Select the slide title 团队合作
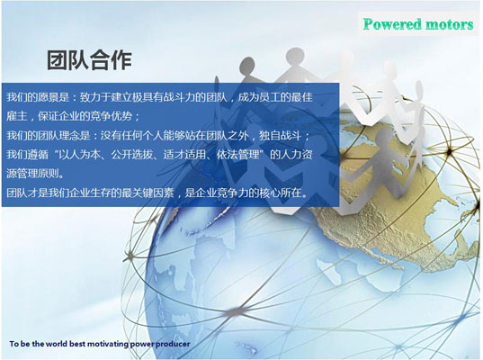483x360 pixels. click(89, 59)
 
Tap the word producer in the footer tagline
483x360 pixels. click(173, 345)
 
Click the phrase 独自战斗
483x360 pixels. click(280, 135)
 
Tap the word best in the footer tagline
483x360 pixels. click(77, 344)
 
